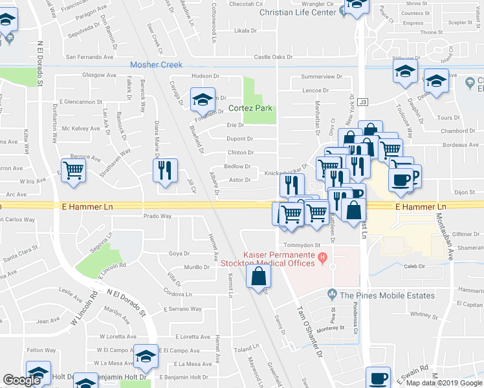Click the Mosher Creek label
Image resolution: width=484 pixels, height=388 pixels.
click(156, 65)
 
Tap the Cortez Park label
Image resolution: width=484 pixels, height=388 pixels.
click(250, 108)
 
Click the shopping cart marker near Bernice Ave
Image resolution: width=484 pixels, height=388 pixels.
click(74, 171)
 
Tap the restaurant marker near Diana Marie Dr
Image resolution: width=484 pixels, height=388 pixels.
click(165, 170)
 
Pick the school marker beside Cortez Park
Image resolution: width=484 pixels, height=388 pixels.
click(202, 100)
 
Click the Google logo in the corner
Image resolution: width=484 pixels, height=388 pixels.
click(22, 380)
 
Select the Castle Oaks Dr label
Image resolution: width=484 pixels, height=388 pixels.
click(278, 57)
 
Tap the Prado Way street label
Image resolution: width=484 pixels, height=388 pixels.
click(157, 217)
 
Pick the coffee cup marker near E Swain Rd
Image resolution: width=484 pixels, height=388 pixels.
click(379, 378)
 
